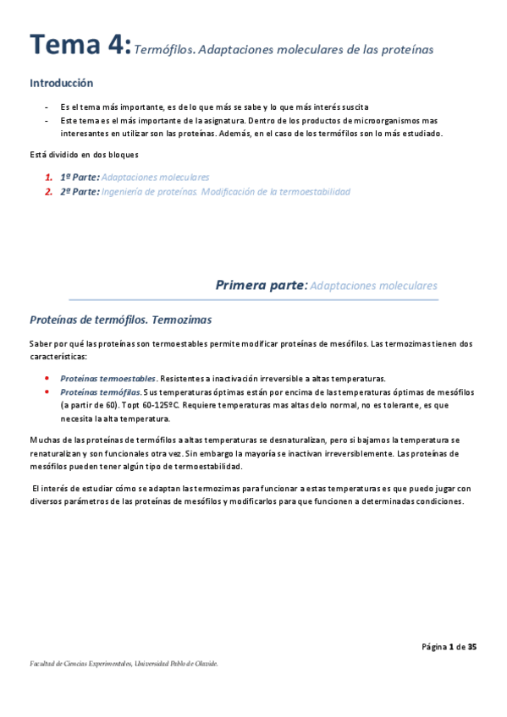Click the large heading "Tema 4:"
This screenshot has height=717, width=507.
(x=80, y=46)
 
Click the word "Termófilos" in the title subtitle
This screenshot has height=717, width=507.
(x=163, y=50)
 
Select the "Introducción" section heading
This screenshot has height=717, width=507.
(x=61, y=84)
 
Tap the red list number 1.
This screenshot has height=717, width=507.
(x=48, y=178)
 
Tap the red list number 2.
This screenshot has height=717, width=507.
(x=48, y=192)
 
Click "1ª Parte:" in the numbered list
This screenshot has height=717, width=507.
(x=80, y=178)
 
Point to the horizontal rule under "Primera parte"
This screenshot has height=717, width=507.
(x=253, y=299)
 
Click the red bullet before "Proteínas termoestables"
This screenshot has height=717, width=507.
(x=47, y=379)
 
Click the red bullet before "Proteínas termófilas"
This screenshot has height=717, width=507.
(x=47, y=392)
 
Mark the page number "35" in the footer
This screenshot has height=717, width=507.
(x=472, y=648)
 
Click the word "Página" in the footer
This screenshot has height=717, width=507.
(x=434, y=648)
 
